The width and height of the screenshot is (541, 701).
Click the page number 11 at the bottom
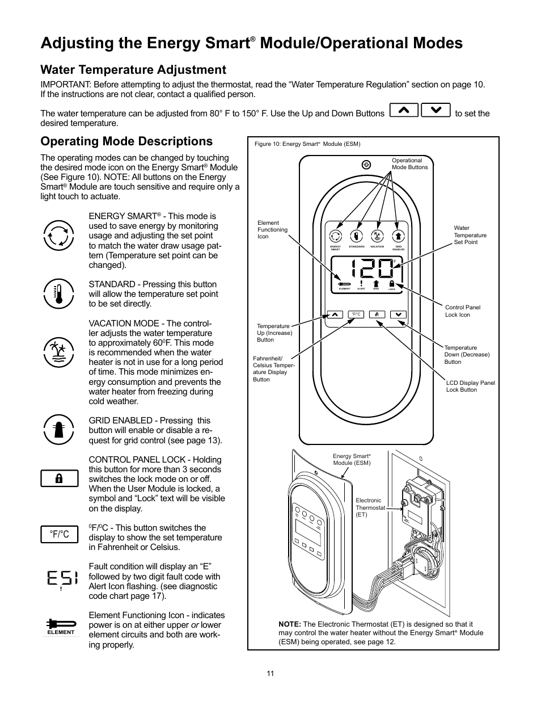(270, 673)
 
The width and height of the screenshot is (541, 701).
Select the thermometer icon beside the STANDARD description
(58, 293)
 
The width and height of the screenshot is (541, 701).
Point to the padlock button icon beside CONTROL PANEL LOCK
(59, 478)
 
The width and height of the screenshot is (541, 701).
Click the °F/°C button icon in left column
(59, 535)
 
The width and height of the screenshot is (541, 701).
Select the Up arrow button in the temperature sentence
(404, 110)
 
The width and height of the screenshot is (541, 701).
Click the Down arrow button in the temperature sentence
(436, 110)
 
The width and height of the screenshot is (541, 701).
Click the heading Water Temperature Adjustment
(133, 70)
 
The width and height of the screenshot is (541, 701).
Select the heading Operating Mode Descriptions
(126, 141)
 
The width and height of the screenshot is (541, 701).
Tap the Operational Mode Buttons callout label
(409, 164)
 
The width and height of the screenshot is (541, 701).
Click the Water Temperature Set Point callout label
(470, 235)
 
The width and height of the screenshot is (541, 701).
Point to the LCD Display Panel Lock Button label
(470, 386)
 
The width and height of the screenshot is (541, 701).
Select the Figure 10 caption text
(307, 144)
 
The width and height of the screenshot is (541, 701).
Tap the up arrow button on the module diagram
(335, 314)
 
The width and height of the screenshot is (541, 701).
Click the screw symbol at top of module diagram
(366, 165)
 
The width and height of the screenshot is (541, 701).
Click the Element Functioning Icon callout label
(272, 230)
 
